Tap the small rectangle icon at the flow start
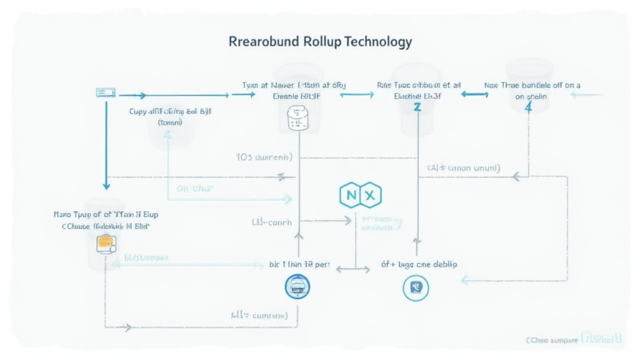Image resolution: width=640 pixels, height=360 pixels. tap(106, 92)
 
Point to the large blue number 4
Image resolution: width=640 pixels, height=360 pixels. tap(528, 107)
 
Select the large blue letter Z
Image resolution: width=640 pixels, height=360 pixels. tap(416, 107)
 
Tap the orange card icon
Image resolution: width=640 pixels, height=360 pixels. tap(105, 243)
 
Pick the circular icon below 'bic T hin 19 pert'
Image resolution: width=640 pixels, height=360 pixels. tap(297, 287)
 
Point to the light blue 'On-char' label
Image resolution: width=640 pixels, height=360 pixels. tap(196, 187)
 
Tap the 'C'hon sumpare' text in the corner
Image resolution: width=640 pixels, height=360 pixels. tap(551, 340)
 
